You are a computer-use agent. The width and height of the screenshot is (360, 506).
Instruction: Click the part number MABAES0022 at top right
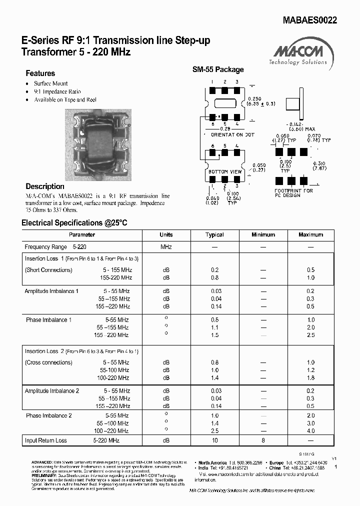pyautogui.click(x=309, y=20)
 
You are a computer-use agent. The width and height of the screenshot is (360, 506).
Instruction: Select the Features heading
pyautogui.click(x=40, y=73)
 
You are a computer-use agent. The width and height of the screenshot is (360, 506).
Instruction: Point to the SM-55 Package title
pyautogui.click(x=218, y=69)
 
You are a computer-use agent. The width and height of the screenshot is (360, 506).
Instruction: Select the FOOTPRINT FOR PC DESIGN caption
pyautogui.click(x=294, y=193)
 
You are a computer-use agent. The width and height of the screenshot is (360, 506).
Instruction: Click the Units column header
pyautogui.click(x=166, y=234)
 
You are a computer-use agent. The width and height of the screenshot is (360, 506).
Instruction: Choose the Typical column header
pyautogui.click(x=214, y=234)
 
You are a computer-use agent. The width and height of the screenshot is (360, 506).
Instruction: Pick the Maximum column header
pyautogui.click(x=310, y=234)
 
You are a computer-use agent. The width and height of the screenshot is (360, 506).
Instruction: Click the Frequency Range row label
pyautogui.click(x=45, y=247)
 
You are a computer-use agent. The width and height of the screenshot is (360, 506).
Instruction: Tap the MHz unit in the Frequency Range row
pyautogui.click(x=166, y=247)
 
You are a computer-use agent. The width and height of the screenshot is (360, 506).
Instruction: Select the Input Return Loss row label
pyautogui.click(x=45, y=440)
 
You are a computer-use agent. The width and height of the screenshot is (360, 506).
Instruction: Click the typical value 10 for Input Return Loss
pyautogui.click(x=214, y=440)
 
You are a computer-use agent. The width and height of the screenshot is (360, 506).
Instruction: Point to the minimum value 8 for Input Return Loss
pyautogui.click(x=263, y=440)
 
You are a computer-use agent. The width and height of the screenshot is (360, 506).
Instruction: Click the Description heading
pyautogui.click(x=45, y=186)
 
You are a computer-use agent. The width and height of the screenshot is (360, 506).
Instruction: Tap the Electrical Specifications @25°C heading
pyautogui.click(x=74, y=223)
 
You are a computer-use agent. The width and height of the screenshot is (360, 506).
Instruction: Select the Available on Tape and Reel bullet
pyautogui.click(x=65, y=99)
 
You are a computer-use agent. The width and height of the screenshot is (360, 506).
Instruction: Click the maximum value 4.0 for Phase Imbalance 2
pyautogui.click(x=310, y=430)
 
